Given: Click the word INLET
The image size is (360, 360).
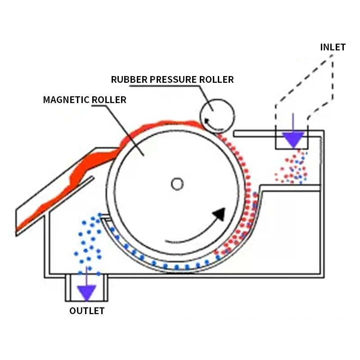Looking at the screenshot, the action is point(333,47).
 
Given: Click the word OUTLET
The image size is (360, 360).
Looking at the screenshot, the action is point(87,311).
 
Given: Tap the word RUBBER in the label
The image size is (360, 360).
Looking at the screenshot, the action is point(129,80).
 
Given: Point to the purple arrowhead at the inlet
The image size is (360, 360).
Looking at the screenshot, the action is point(293,139).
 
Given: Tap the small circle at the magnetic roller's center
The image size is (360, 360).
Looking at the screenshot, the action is point(177,184).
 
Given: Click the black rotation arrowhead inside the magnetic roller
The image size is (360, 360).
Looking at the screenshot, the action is point(220,214).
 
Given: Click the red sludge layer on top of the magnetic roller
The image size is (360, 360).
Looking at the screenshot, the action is point(161,125).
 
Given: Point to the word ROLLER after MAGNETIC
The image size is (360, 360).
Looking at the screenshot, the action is point(109,100).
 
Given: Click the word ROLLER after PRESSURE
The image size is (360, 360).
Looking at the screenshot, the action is point(216,80).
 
